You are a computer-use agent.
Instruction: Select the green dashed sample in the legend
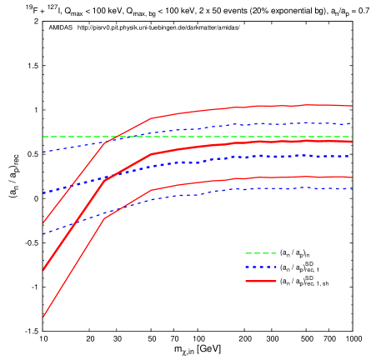(260, 253)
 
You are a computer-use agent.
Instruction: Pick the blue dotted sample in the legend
(260, 267)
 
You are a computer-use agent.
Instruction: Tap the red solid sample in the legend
(260, 282)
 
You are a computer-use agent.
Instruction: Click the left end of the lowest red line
(43, 317)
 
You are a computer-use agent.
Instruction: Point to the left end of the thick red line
(43, 270)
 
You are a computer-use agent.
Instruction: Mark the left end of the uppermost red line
(43, 222)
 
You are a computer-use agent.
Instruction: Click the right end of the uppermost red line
(352, 106)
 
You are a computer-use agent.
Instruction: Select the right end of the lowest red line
(352, 177)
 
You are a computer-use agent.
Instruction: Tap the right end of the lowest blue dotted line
(352, 188)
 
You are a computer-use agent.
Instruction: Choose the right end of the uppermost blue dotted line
(352, 124)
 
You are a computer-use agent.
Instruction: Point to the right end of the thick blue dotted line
(352, 157)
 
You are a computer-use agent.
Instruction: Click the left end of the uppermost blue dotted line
(43, 152)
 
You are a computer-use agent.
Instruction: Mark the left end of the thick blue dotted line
(43, 193)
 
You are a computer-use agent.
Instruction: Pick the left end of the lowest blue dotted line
(43, 234)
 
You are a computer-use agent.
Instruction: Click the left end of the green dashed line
(43, 137)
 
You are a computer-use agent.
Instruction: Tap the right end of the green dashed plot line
(352, 137)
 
